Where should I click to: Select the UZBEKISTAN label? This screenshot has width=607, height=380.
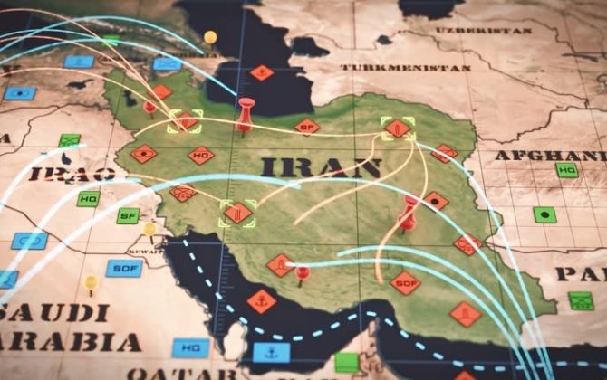(467, 30)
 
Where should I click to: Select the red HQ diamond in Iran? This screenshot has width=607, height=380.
(201, 155)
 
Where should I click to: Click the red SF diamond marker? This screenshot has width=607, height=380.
(308, 127)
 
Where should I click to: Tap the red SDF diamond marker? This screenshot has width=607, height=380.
(405, 282)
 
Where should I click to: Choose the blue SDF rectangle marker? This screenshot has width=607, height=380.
(123, 268)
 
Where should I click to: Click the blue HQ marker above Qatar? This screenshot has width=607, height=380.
(190, 347)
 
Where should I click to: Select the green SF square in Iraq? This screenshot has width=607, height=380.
(128, 215)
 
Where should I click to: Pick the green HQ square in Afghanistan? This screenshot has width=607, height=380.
(567, 169)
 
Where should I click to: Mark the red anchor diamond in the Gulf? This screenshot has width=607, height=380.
(262, 300)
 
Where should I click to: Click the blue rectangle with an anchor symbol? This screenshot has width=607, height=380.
(271, 352)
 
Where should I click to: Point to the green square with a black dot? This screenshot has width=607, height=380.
(544, 214)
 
